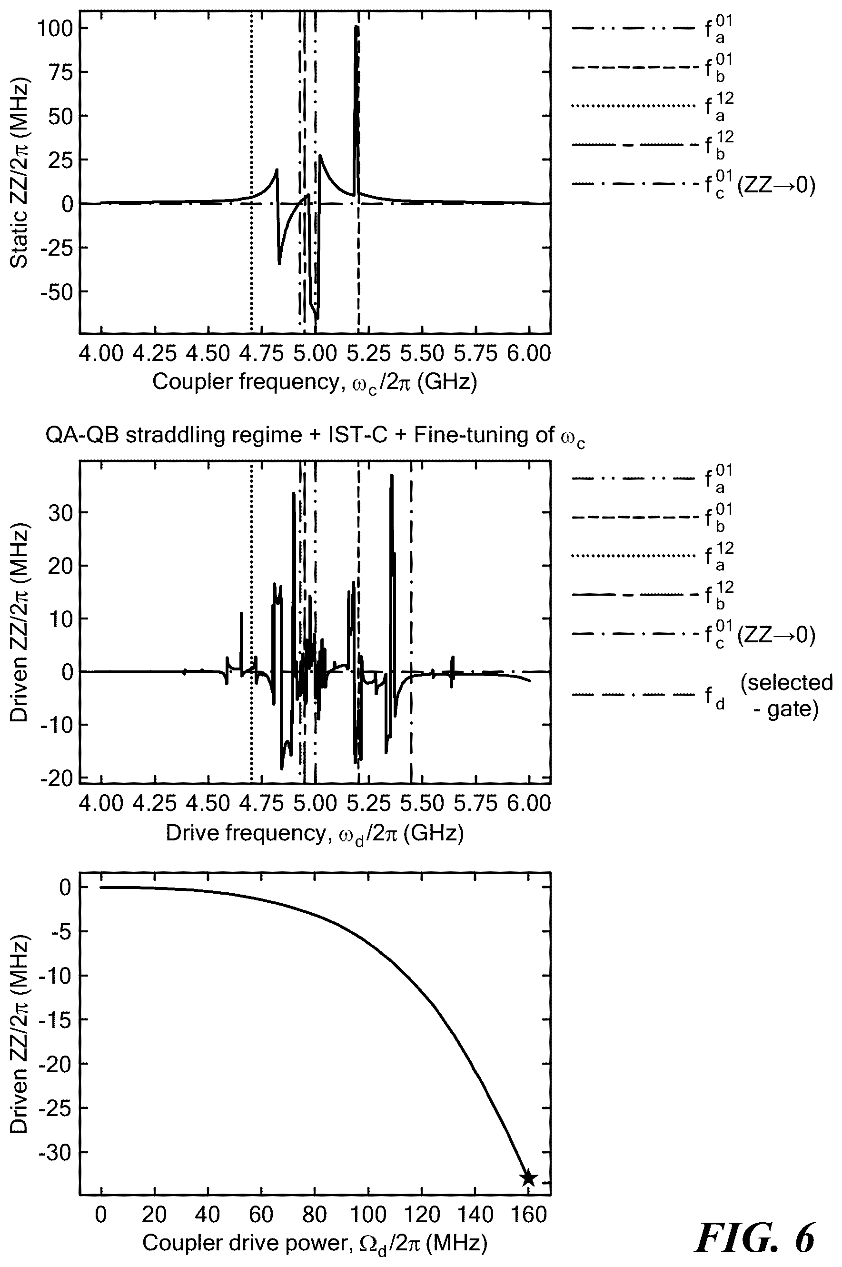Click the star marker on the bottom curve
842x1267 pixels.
528,1178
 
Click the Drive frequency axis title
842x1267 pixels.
315,834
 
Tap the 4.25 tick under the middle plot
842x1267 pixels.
155,804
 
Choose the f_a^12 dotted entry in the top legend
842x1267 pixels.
653,106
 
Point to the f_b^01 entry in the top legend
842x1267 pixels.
653,67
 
